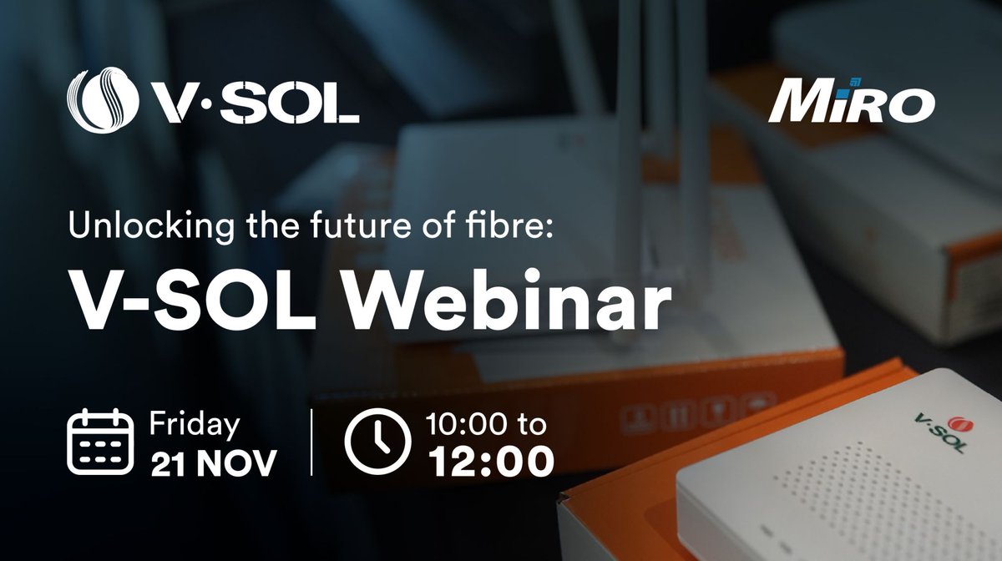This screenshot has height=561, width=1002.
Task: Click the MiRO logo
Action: pos(852,104)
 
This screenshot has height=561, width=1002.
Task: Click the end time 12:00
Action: pos(490,462)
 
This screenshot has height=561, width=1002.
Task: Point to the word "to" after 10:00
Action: pos(532,426)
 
